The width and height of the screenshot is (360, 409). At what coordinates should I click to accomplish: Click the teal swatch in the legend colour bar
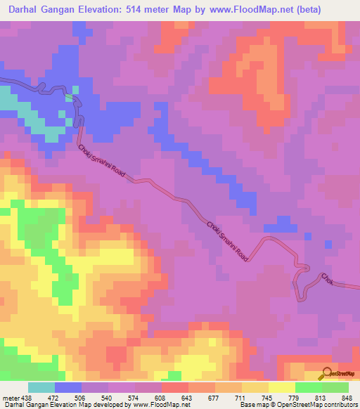(41, 388)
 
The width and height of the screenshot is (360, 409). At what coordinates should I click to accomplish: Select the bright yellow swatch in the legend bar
(281, 388)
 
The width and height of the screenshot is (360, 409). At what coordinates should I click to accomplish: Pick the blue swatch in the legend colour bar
(68, 388)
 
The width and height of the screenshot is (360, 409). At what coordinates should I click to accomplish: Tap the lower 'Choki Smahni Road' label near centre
(227, 241)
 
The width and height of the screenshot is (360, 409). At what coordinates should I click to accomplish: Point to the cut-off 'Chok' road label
(328, 280)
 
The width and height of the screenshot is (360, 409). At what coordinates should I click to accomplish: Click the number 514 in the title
(141, 8)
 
